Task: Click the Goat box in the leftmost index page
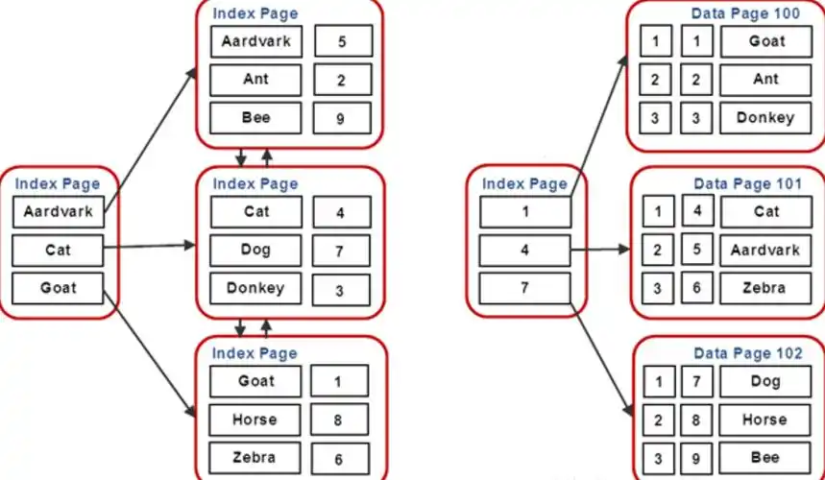pyautogui.click(x=58, y=288)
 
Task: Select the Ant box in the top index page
pyautogui.click(x=255, y=80)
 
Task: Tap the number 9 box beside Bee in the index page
pyautogui.click(x=342, y=118)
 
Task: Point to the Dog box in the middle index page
pyautogui.click(x=255, y=251)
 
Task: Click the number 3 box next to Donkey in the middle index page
pyautogui.click(x=341, y=290)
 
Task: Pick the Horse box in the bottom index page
pyautogui.click(x=255, y=420)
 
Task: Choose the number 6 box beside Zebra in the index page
pyautogui.click(x=340, y=459)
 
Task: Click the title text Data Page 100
pyautogui.click(x=745, y=13)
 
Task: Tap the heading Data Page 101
pyautogui.click(x=747, y=183)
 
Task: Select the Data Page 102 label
pyautogui.click(x=748, y=353)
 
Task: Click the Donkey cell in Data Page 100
pyautogui.click(x=765, y=118)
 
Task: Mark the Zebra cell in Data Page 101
pyautogui.click(x=765, y=288)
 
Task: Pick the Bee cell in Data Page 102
pyautogui.click(x=765, y=458)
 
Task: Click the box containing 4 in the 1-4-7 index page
pyautogui.click(x=525, y=251)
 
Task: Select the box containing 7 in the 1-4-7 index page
pyautogui.click(x=525, y=288)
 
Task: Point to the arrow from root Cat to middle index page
pyautogui.click(x=150, y=246)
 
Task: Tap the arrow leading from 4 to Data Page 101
pyautogui.click(x=600, y=250)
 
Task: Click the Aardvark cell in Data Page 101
pyautogui.click(x=765, y=251)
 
